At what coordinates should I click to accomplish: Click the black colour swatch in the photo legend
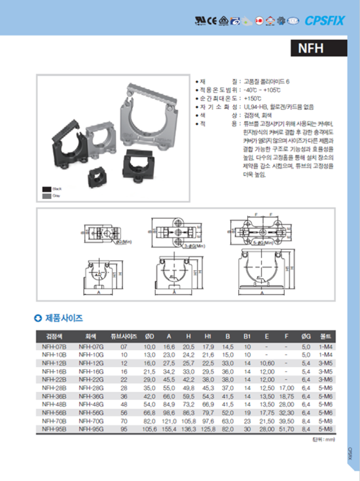45,188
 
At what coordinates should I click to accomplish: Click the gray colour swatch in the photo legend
45,195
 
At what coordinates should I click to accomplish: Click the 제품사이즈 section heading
62,319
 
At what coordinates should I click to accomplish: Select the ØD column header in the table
149,336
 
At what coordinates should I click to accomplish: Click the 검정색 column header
54,336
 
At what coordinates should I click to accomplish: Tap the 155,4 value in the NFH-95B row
170,432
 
